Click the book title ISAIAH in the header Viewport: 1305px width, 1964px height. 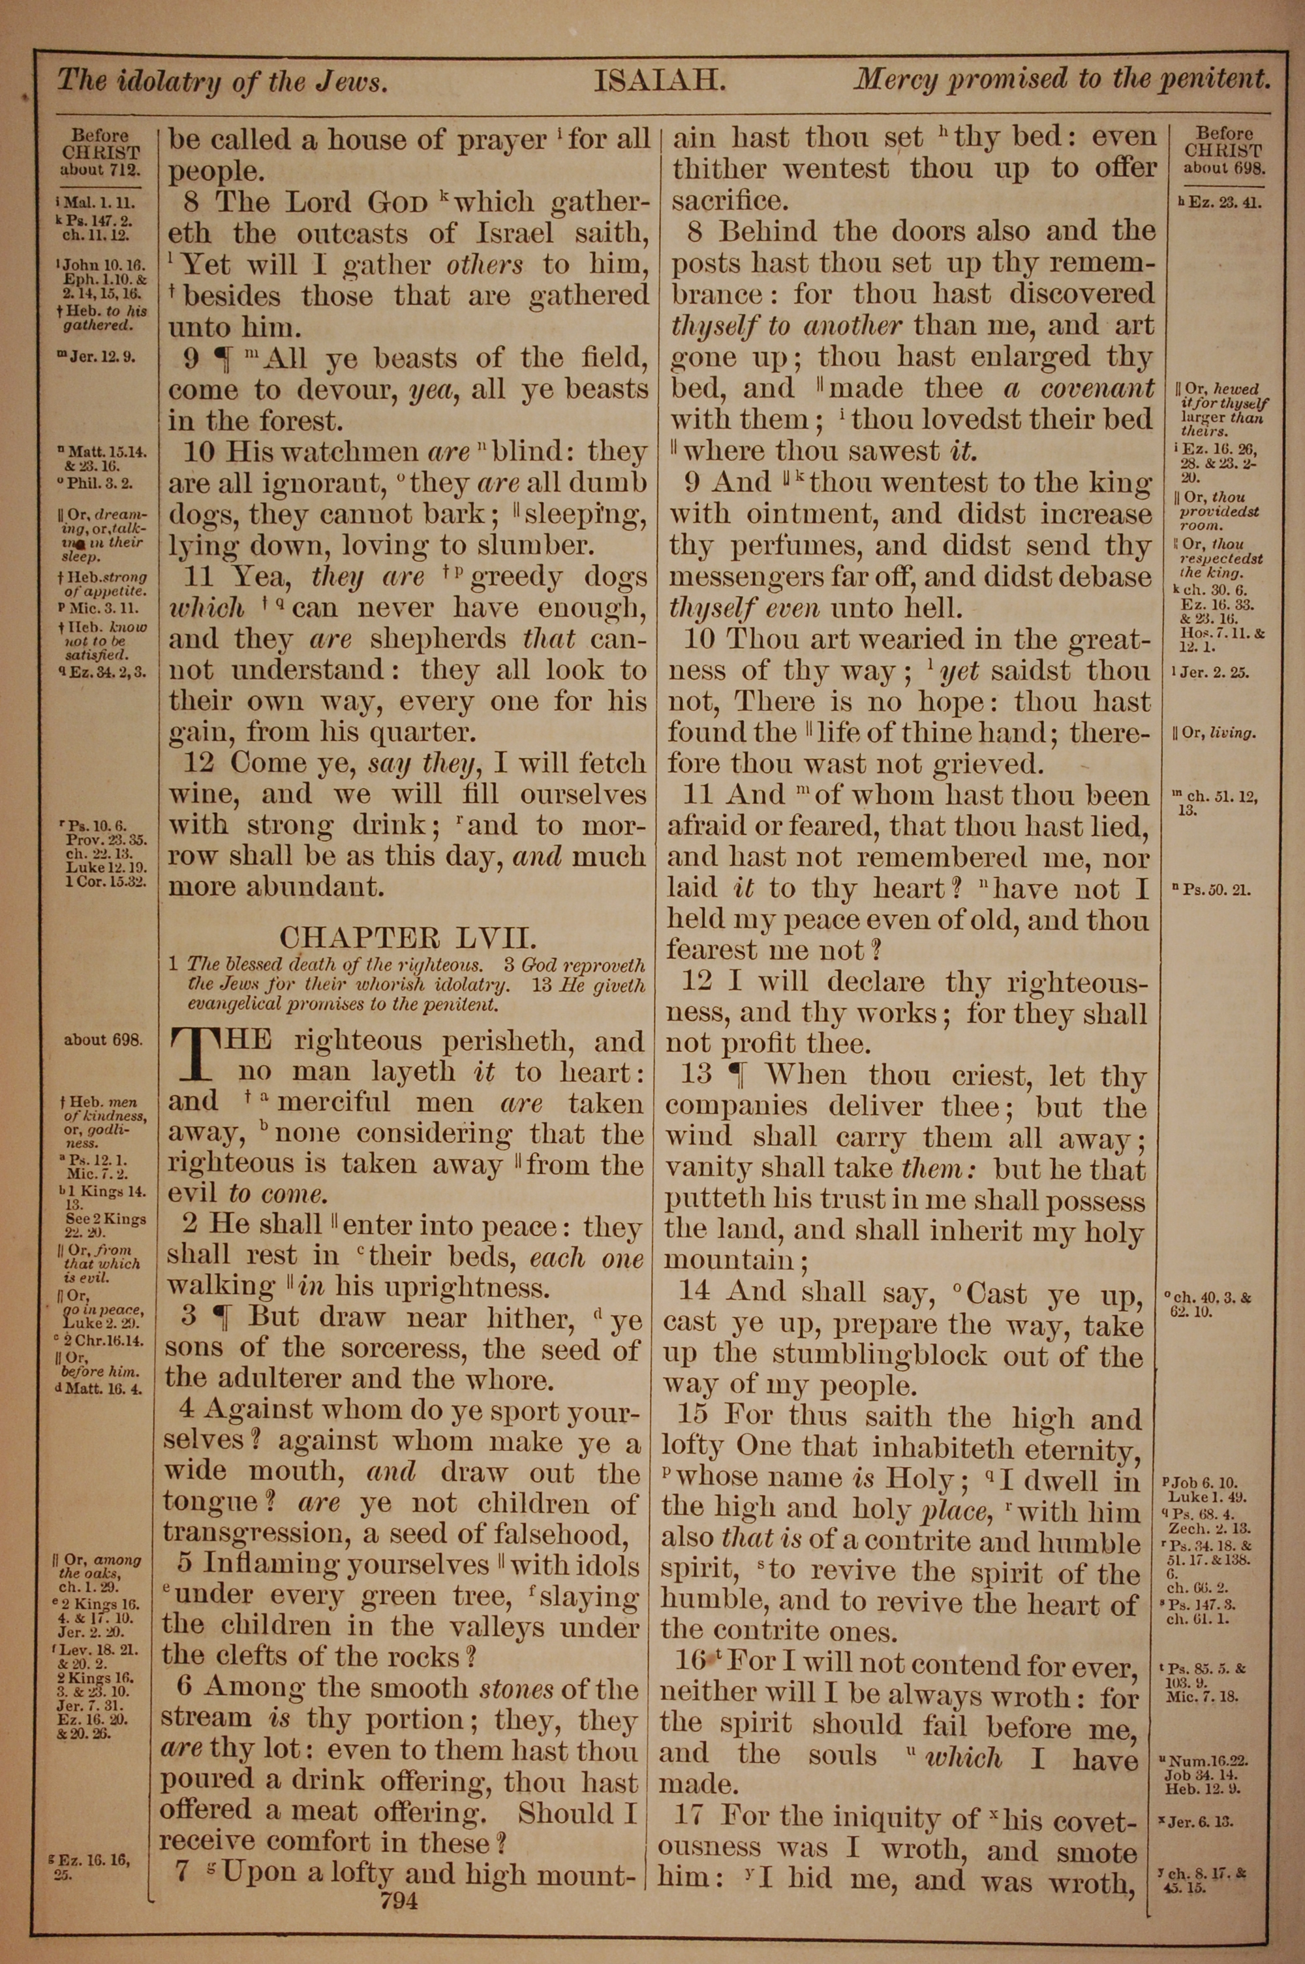click(660, 82)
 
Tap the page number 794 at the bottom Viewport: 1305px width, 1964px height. click(398, 1900)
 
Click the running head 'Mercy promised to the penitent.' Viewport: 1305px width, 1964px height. click(1062, 80)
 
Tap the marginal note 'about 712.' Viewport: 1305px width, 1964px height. click(100, 169)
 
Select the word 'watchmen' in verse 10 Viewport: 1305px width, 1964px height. click(351, 452)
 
